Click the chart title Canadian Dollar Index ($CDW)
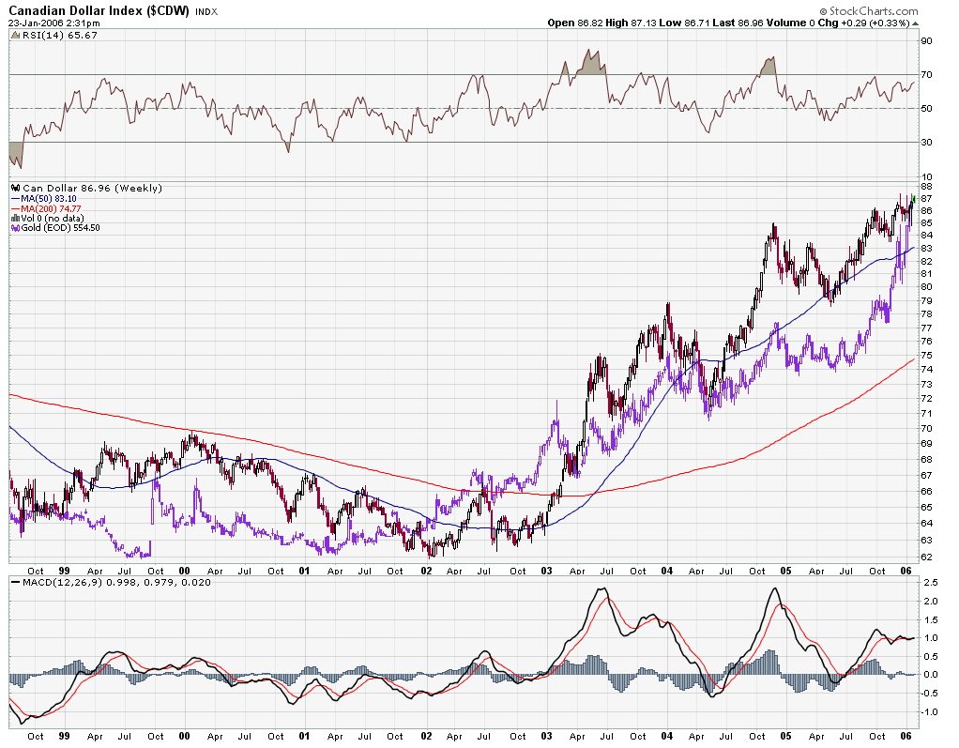point(99,10)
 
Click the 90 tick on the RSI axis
point(925,41)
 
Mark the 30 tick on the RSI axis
point(925,143)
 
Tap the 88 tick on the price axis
point(925,187)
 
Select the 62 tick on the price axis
point(925,557)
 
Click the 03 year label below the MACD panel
point(548,737)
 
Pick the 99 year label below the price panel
point(65,570)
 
